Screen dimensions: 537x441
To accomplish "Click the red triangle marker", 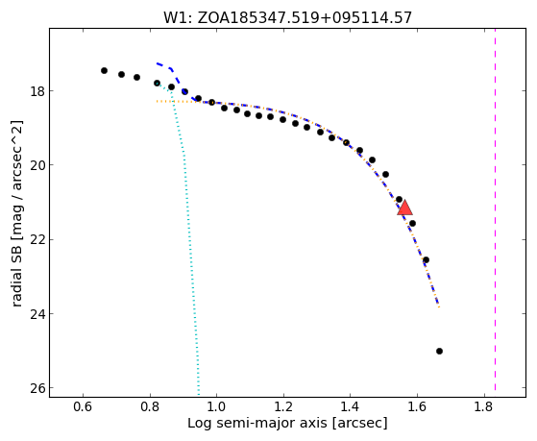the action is tap(404, 208).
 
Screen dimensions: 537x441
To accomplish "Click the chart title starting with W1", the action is tap(287, 17).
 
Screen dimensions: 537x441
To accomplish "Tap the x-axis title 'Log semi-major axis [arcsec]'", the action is tap(287, 423).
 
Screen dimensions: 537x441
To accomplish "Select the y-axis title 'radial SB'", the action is tap(16, 214).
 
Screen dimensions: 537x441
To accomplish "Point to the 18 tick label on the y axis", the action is tap(37, 91).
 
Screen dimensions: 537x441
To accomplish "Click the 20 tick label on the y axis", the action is tap(37, 165).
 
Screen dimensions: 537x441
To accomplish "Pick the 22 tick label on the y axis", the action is tap(37, 240).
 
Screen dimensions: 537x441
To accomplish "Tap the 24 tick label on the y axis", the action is tap(37, 314).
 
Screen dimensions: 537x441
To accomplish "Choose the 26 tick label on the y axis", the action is tap(37, 388).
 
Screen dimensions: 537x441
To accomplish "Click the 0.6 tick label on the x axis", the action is tap(83, 407).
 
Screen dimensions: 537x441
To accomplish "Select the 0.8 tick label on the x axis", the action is tap(150, 407).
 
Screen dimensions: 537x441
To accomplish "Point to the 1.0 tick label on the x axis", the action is tap(217, 407).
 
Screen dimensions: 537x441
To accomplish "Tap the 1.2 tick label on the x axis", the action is tap(283, 407).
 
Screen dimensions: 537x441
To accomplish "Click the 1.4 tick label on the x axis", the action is tap(351, 407).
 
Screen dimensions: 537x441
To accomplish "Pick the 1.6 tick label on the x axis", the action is tap(417, 407).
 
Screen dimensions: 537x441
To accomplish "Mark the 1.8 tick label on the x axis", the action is tap(484, 407).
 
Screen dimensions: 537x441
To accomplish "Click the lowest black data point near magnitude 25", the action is tap(439, 352).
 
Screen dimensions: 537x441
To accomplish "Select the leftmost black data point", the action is tap(104, 70).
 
